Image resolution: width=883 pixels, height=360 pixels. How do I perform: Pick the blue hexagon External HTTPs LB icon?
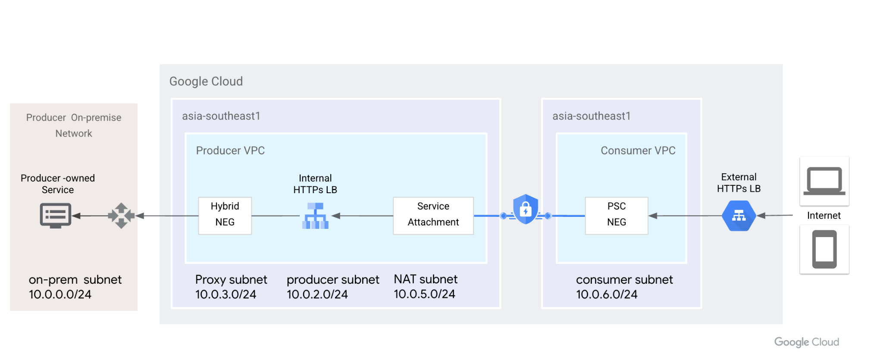pos(739,216)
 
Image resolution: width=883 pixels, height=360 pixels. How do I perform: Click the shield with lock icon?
pos(526,209)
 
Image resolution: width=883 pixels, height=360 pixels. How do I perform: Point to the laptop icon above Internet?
pos(824,181)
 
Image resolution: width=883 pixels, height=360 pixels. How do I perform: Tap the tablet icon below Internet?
pos(824,249)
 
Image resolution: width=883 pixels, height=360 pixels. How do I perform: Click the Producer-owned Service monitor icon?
pos(56,215)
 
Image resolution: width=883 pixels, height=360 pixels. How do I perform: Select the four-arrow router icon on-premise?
pos(121,215)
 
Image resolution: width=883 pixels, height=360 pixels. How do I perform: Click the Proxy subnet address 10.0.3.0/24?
pos(225,294)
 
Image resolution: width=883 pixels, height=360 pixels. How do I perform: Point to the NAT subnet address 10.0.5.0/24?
pos(424,294)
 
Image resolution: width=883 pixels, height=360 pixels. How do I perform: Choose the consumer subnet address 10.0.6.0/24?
pos(606,294)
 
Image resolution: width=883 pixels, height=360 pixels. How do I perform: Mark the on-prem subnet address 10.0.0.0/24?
pos(60,294)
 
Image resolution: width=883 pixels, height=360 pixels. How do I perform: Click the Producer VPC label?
pos(230,150)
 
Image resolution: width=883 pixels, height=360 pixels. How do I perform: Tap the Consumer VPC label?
pos(638,150)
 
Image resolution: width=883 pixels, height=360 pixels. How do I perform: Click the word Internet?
pos(824,216)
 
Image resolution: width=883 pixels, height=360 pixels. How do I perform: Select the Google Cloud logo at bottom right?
pos(806,342)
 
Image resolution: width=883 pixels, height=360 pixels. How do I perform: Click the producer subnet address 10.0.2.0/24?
pos(317,294)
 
